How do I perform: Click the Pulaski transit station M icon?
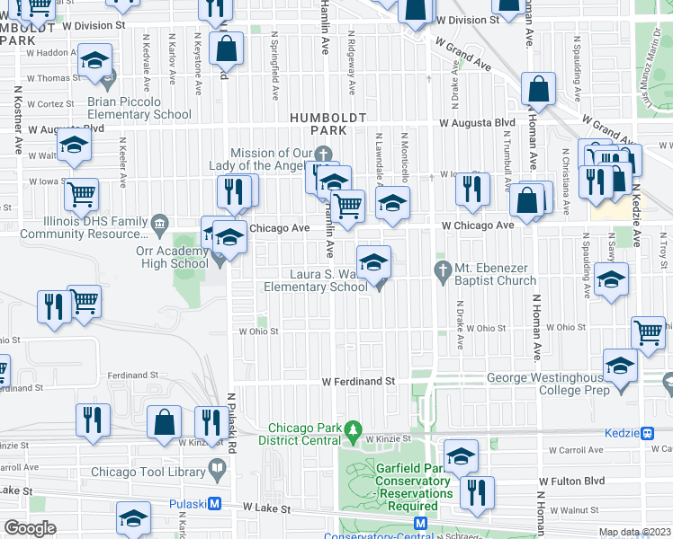[x=215, y=504]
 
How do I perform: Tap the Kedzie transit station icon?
[x=648, y=433]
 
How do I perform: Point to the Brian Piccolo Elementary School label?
[x=139, y=108]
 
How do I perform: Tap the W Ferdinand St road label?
[x=359, y=382]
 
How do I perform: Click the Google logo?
[x=30, y=528]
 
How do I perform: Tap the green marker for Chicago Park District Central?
[x=354, y=430]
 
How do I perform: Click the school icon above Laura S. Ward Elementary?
[x=374, y=262]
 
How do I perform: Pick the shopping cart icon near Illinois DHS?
[x=81, y=193]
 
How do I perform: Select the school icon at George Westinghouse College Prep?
[x=620, y=365]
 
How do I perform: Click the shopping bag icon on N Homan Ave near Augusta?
[x=537, y=90]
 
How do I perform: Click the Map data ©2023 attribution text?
[x=635, y=532]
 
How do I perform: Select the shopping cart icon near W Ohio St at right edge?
[x=648, y=332]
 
